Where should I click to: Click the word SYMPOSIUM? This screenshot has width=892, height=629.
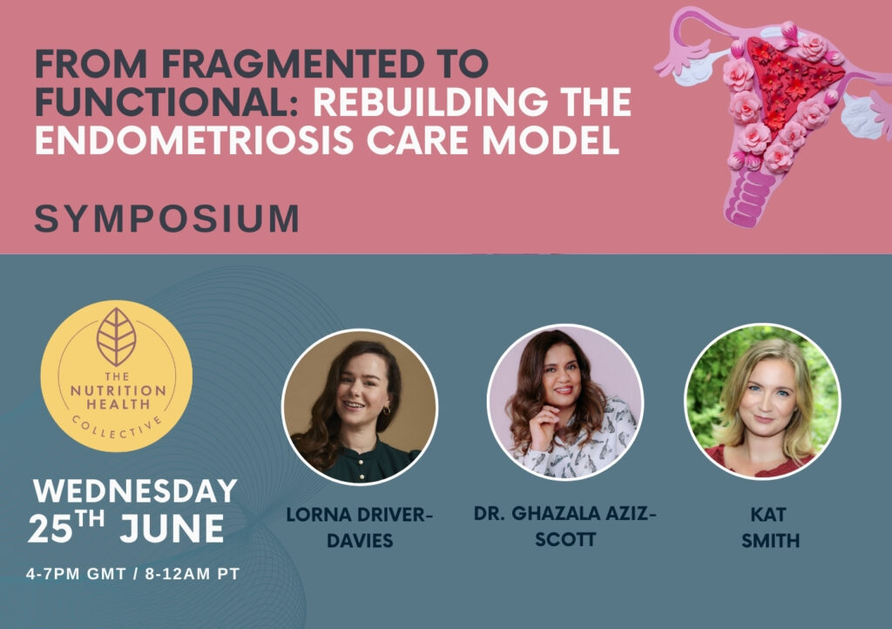pyautogui.click(x=167, y=219)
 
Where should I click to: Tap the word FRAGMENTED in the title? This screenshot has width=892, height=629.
pyautogui.click(x=293, y=63)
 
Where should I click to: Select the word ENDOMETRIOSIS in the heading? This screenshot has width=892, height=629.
pyautogui.click(x=194, y=140)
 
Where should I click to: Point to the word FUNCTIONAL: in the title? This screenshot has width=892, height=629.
pyautogui.click(x=167, y=102)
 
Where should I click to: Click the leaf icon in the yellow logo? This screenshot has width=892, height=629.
pyautogui.click(x=116, y=336)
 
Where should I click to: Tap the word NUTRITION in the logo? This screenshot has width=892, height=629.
pyautogui.click(x=118, y=390)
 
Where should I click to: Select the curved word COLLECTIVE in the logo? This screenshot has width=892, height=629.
pyautogui.click(x=117, y=429)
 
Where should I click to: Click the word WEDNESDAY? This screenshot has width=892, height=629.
pyautogui.click(x=135, y=491)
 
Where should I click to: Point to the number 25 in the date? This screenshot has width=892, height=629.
pyautogui.click(x=51, y=529)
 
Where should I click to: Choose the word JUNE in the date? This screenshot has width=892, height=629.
pyautogui.click(x=172, y=528)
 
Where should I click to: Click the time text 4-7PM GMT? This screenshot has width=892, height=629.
pyautogui.click(x=76, y=574)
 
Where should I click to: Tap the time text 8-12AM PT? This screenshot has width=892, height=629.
pyautogui.click(x=193, y=574)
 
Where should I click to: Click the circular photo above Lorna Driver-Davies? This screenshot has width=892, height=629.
pyautogui.click(x=360, y=406)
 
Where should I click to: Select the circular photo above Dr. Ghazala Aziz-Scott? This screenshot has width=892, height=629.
pyautogui.click(x=564, y=402)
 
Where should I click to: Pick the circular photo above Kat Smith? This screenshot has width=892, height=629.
pyautogui.click(x=762, y=402)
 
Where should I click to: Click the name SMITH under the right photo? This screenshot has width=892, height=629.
pyautogui.click(x=770, y=540)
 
